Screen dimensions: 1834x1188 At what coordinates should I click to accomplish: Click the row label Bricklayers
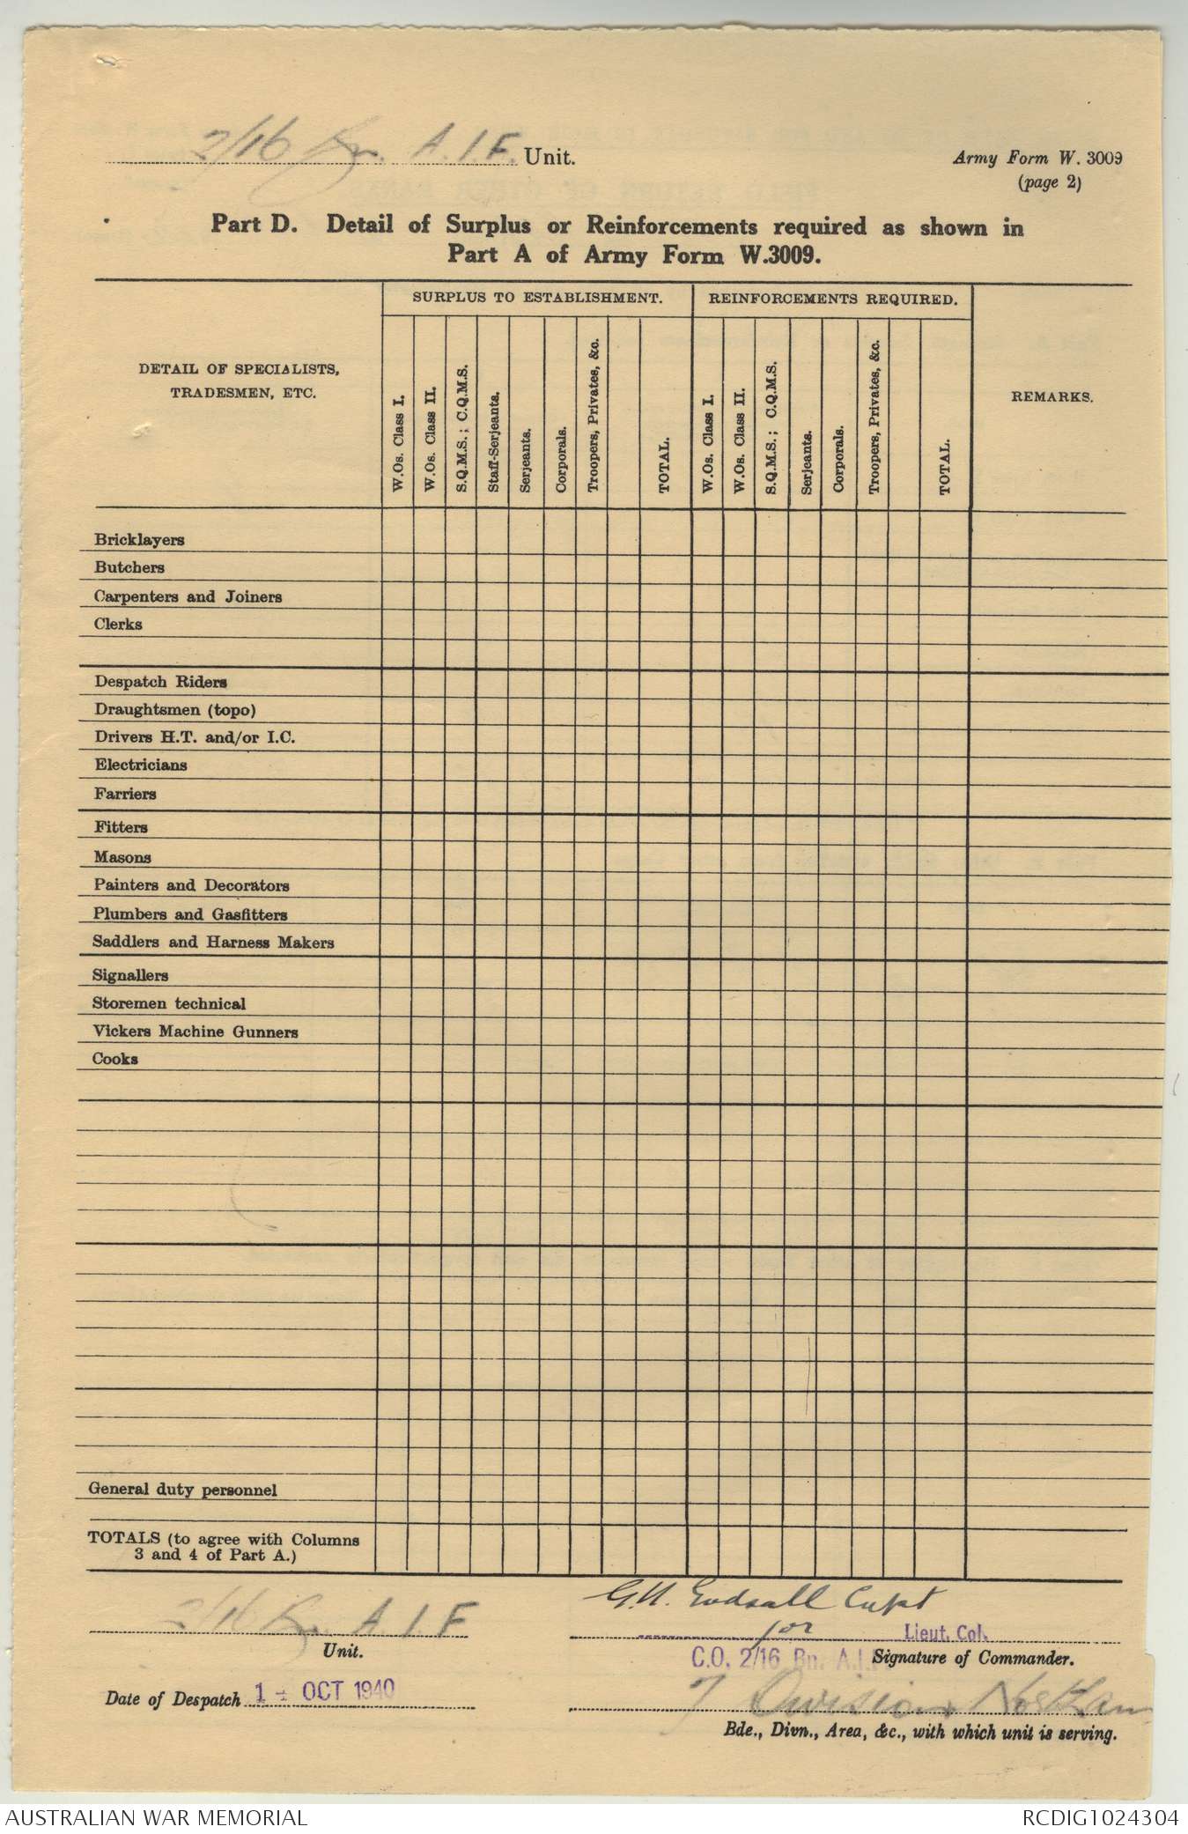(139, 540)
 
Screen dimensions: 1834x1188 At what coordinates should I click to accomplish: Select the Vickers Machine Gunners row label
(195, 1032)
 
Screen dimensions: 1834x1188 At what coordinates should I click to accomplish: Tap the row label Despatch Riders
(160, 682)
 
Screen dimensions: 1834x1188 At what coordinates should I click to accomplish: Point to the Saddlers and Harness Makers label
(213, 943)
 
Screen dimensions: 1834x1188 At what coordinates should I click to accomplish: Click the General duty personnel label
(182, 1490)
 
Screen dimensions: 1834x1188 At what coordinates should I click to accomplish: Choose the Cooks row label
(115, 1059)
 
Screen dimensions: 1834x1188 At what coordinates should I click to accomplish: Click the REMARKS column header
(1052, 397)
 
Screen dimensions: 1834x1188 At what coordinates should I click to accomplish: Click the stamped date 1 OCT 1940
(323, 1690)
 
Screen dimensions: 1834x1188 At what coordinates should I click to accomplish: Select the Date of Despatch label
(173, 1699)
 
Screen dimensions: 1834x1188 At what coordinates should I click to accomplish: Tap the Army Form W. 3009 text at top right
(1039, 159)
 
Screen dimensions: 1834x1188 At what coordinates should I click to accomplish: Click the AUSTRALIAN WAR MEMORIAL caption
(154, 1817)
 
